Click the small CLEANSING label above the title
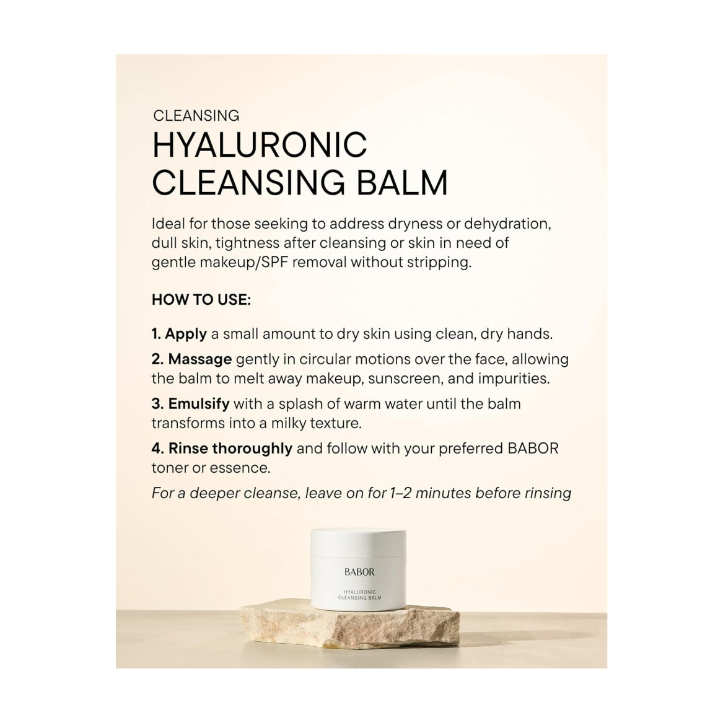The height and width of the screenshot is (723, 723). (x=196, y=115)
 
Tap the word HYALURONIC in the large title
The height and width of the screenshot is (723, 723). (x=260, y=145)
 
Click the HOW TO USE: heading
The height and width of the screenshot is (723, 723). (x=201, y=300)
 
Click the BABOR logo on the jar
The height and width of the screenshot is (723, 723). (x=359, y=571)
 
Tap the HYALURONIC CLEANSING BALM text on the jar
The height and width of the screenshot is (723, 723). (x=359, y=595)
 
